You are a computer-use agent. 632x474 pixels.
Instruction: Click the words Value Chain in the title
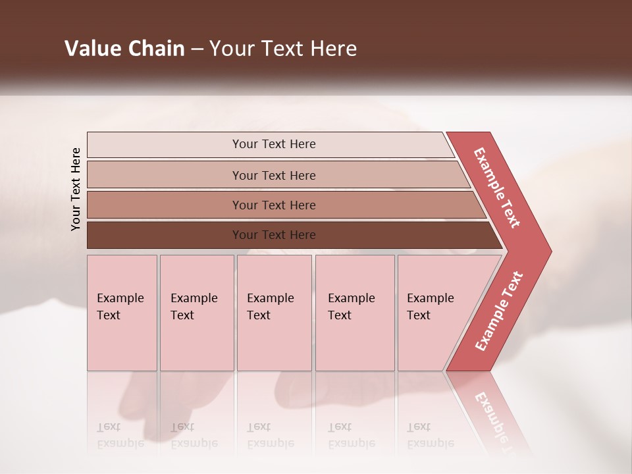[124, 49]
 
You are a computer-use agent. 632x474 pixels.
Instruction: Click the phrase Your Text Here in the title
[283, 49]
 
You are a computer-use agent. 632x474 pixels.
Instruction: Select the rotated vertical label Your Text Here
[76, 189]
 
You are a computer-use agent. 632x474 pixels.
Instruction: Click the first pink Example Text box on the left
[122, 313]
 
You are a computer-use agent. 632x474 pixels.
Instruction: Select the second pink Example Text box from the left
[196, 313]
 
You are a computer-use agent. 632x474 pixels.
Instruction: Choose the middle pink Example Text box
[274, 313]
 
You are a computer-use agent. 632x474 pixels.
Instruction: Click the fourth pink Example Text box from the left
[354, 313]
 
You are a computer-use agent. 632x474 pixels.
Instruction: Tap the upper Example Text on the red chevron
[497, 188]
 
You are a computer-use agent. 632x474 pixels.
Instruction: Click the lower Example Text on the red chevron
[499, 311]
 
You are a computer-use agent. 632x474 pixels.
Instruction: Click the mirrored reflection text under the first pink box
[120, 436]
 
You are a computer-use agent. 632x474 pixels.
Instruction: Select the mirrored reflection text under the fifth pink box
[430, 436]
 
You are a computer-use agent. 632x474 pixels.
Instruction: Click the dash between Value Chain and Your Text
[196, 49]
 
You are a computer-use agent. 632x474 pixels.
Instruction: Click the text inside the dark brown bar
[274, 235]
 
